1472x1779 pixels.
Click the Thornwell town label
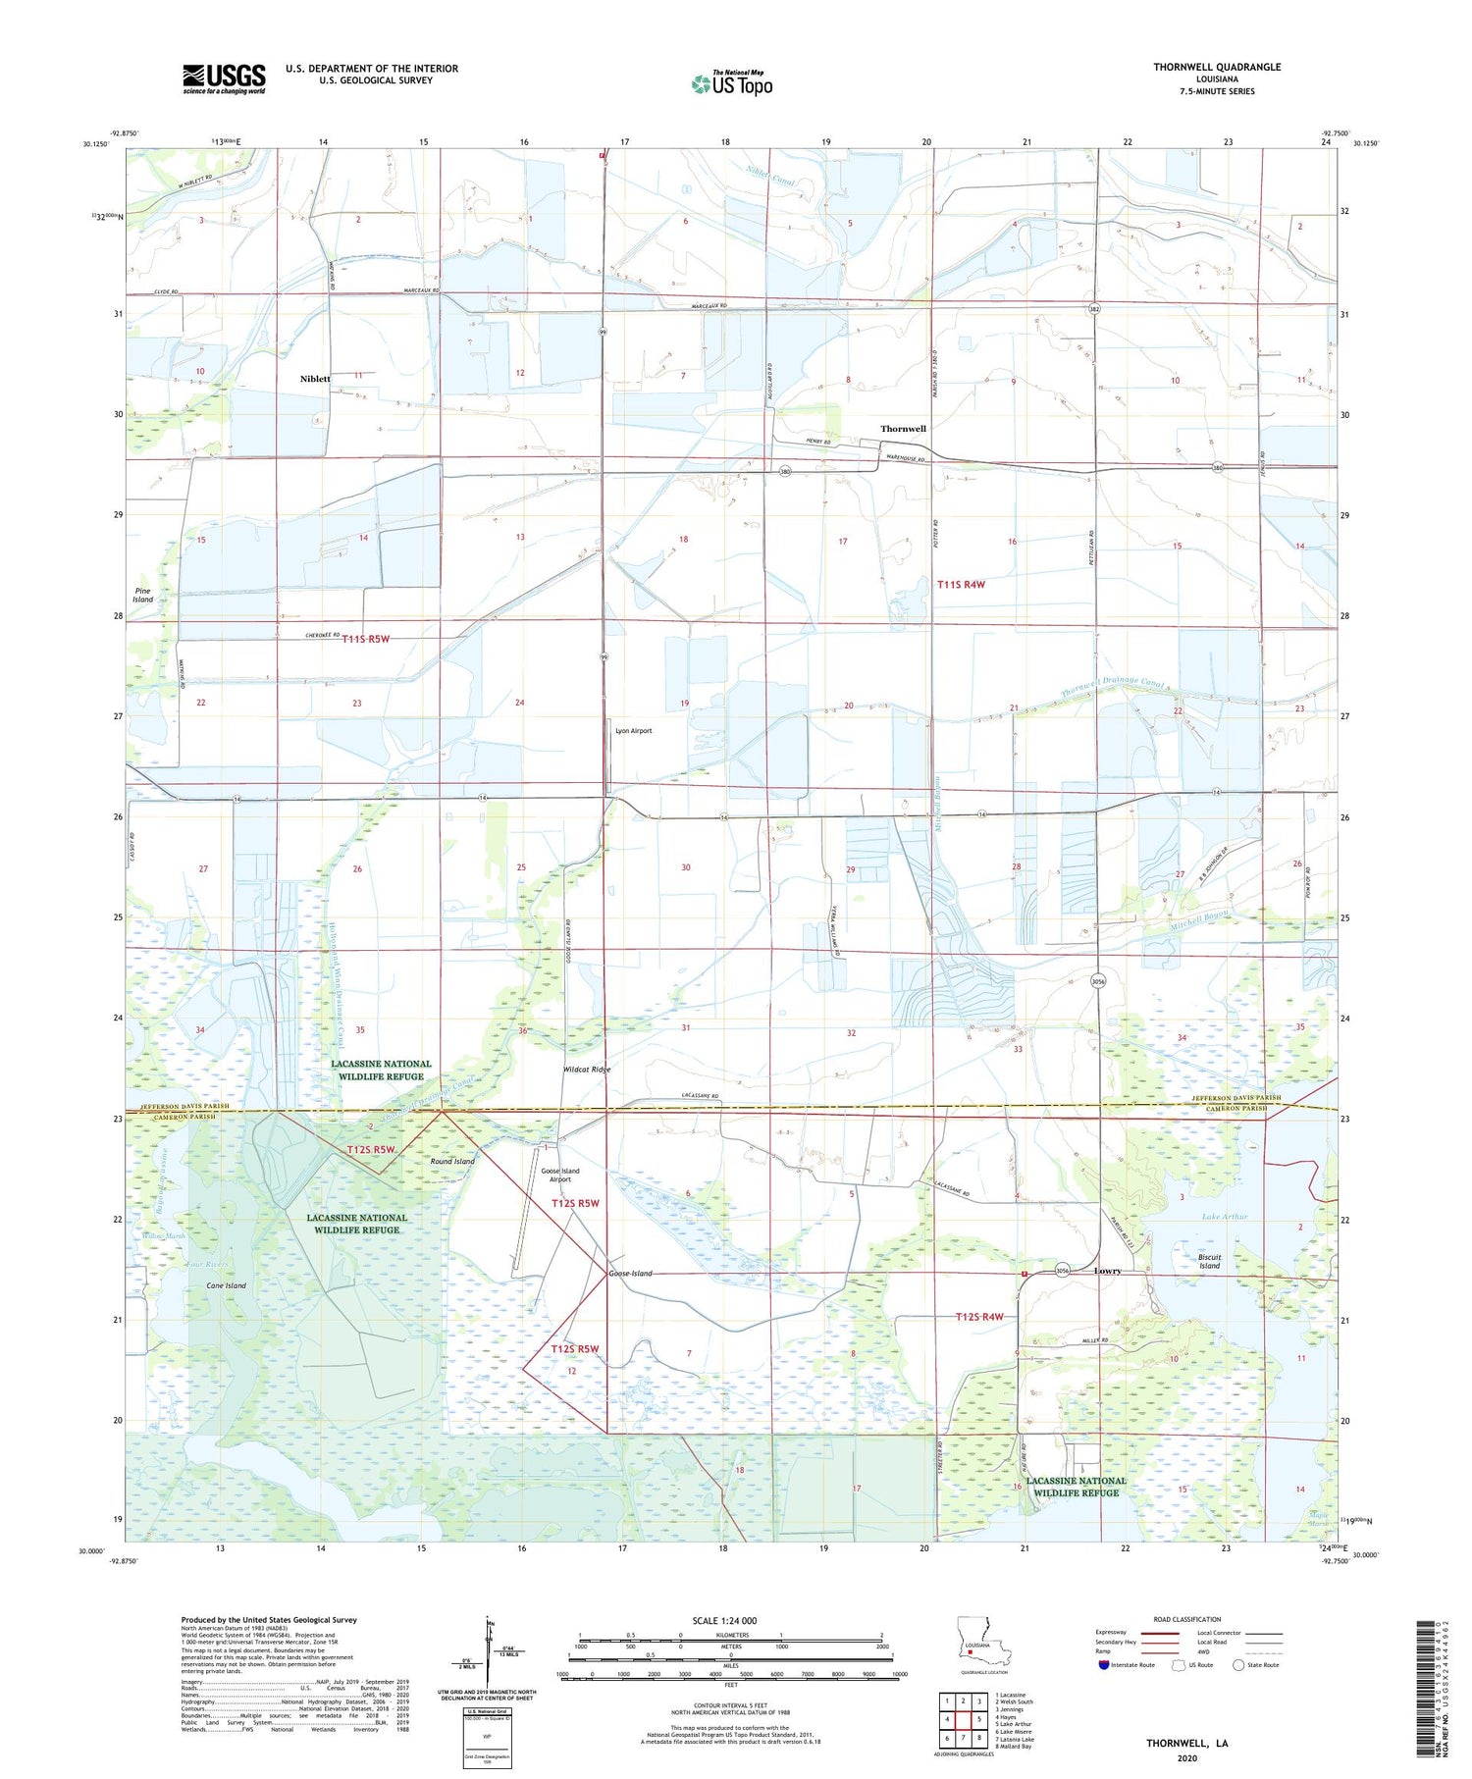[x=903, y=429]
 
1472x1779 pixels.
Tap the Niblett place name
[x=315, y=378]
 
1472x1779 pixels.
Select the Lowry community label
[x=1107, y=1271]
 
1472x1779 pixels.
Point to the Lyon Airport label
[x=633, y=731]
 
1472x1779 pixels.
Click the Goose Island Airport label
[x=560, y=1175]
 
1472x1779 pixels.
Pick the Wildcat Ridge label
[x=587, y=1070]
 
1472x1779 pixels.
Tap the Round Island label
[x=452, y=1161]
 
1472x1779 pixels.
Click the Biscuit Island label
[x=1209, y=1261]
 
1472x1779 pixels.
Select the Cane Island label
[x=227, y=1285]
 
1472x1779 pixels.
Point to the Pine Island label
[x=143, y=595]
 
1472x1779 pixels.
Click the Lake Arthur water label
[x=1225, y=1217]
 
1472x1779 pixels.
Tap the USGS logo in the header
[x=224, y=78]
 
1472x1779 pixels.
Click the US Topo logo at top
[x=731, y=83]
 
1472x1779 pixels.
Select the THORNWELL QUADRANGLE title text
[x=1217, y=67]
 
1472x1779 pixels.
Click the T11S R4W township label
[x=960, y=585]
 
